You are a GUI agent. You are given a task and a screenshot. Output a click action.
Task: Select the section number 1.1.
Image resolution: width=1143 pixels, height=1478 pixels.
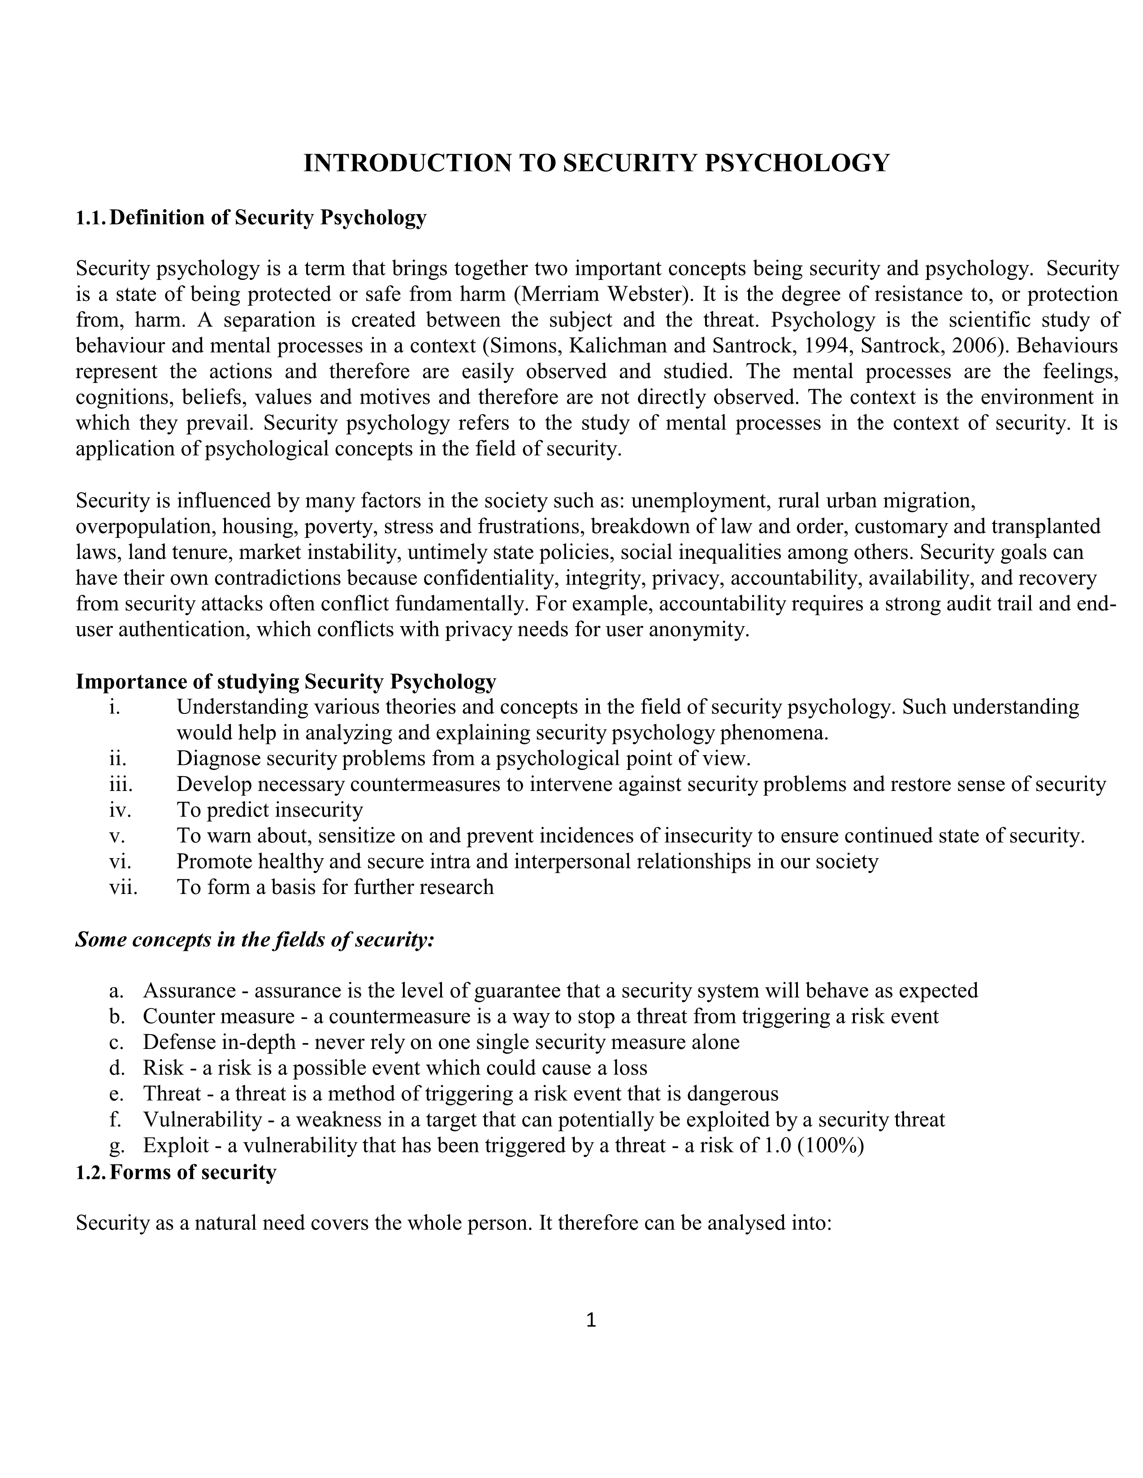[91, 218]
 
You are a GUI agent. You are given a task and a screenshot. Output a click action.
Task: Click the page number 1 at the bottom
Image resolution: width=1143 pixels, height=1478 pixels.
[590, 1319]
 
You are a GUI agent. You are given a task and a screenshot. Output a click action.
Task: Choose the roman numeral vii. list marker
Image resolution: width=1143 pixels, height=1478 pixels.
[123, 887]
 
